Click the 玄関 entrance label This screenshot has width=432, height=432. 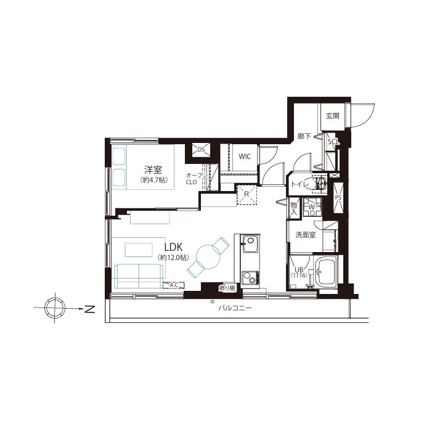click(333, 116)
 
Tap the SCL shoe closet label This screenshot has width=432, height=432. click(333, 142)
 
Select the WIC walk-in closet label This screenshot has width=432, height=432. click(245, 157)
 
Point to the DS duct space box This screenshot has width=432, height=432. click(202, 150)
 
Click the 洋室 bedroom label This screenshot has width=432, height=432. click(153, 169)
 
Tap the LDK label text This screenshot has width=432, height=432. click(174, 247)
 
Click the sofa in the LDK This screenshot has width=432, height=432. click(139, 275)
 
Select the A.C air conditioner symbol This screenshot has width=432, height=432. click(174, 285)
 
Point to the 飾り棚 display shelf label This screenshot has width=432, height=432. click(227, 288)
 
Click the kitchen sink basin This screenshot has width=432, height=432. click(250, 243)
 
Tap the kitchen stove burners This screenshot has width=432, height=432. click(250, 279)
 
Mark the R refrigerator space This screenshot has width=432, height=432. click(247, 195)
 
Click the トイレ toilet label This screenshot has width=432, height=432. click(298, 184)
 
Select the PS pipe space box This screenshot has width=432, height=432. click(338, 198)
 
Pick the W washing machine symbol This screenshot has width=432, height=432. click(312, 207)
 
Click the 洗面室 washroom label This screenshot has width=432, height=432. click(305, 235)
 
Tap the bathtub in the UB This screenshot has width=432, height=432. click(326, 272)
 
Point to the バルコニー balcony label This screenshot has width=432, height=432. click(235, 308)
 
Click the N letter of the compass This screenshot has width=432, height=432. click(89, 309)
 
